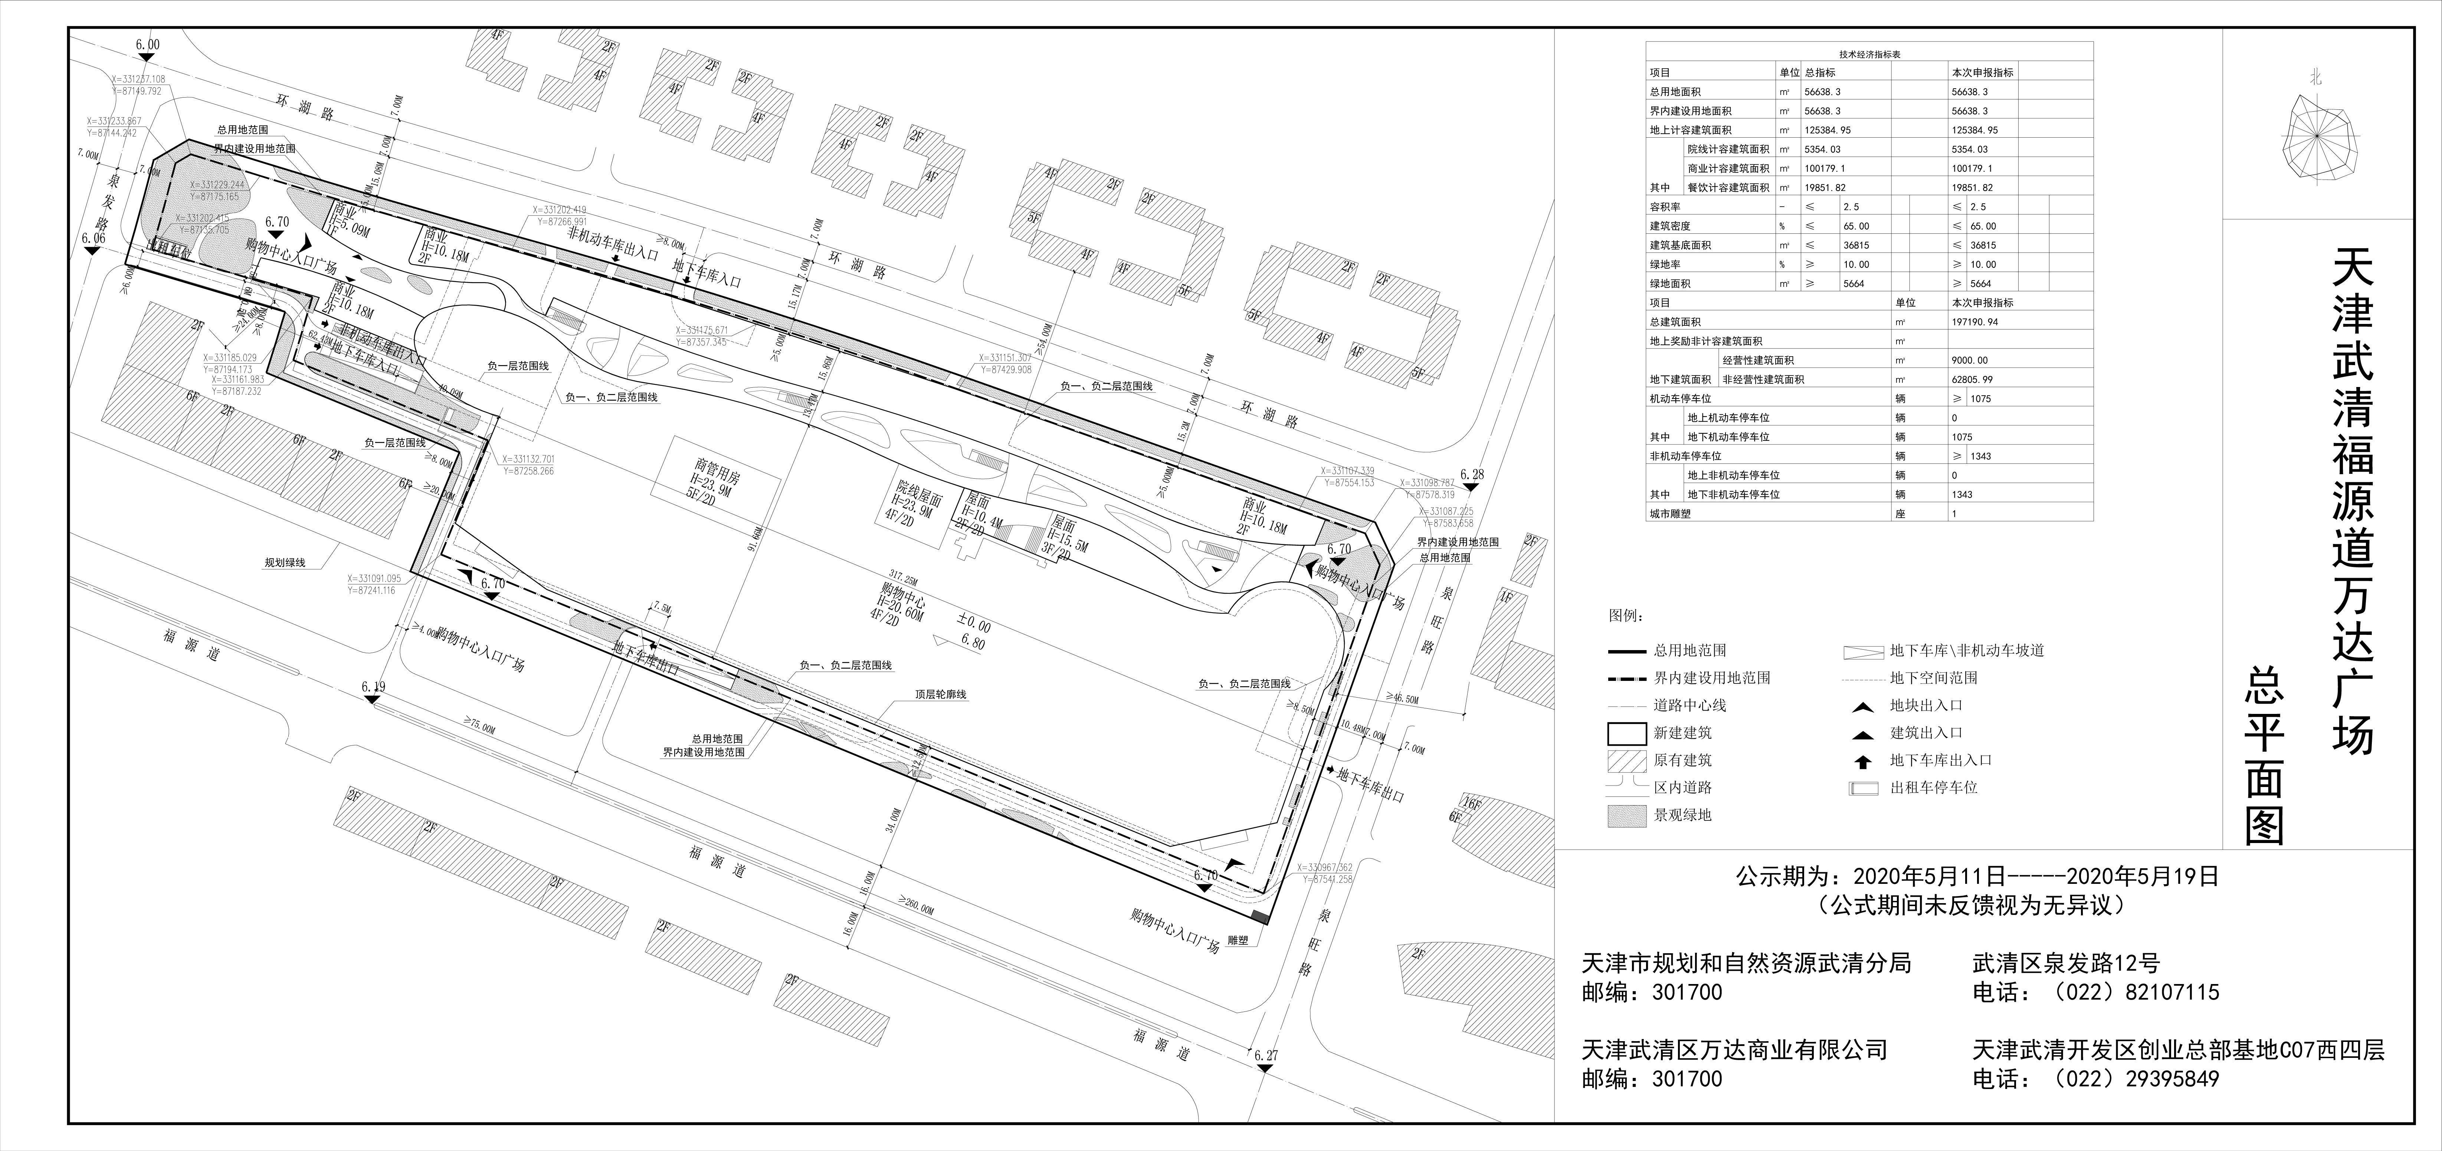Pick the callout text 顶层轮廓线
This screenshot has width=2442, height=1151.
tap(940, 695)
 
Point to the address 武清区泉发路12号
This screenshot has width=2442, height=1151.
tap(2066, 963)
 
